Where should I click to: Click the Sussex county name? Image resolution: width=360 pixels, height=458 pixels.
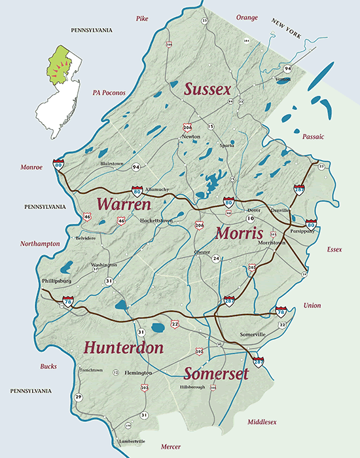(208, 90)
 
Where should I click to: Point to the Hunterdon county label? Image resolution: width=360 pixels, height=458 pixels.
(124, 347)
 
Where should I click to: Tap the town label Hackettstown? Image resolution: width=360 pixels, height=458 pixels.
(156, 221)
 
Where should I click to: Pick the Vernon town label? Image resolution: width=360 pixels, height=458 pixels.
(283, 79)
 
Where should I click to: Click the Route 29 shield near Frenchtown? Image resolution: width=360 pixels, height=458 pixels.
(79, 398)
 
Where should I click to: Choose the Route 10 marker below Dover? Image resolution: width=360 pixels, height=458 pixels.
(250, 218)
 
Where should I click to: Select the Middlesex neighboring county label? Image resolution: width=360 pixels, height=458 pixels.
(262, 423)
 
